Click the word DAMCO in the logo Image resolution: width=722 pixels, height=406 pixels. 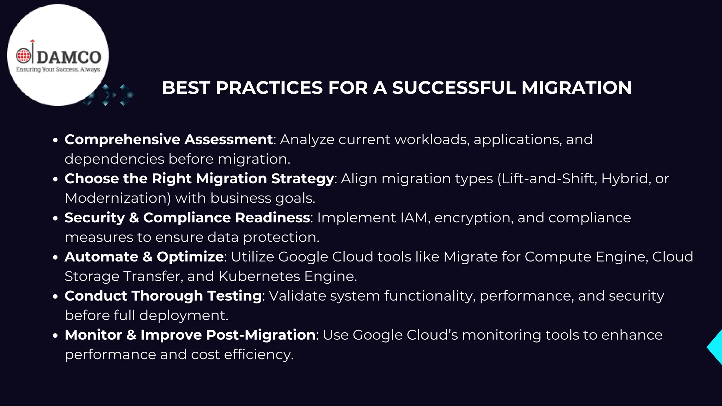69,57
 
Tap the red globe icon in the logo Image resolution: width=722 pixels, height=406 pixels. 24,55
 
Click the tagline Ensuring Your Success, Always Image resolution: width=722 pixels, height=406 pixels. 58,69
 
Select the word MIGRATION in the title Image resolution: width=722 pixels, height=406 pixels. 576,88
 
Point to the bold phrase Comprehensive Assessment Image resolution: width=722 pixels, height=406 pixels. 169,140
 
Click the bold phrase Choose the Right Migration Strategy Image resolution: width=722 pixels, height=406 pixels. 199,179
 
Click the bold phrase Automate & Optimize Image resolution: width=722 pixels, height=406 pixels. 144,257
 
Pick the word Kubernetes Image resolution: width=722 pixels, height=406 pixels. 259,276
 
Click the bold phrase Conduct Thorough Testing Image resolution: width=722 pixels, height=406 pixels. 163,296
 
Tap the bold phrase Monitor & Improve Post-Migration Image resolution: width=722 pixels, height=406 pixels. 190,335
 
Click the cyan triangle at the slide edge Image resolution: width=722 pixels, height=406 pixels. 716,347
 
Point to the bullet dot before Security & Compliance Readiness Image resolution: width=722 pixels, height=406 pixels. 55,219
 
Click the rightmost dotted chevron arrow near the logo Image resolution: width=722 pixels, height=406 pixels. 127,95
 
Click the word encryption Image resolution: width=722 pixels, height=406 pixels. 472,218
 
